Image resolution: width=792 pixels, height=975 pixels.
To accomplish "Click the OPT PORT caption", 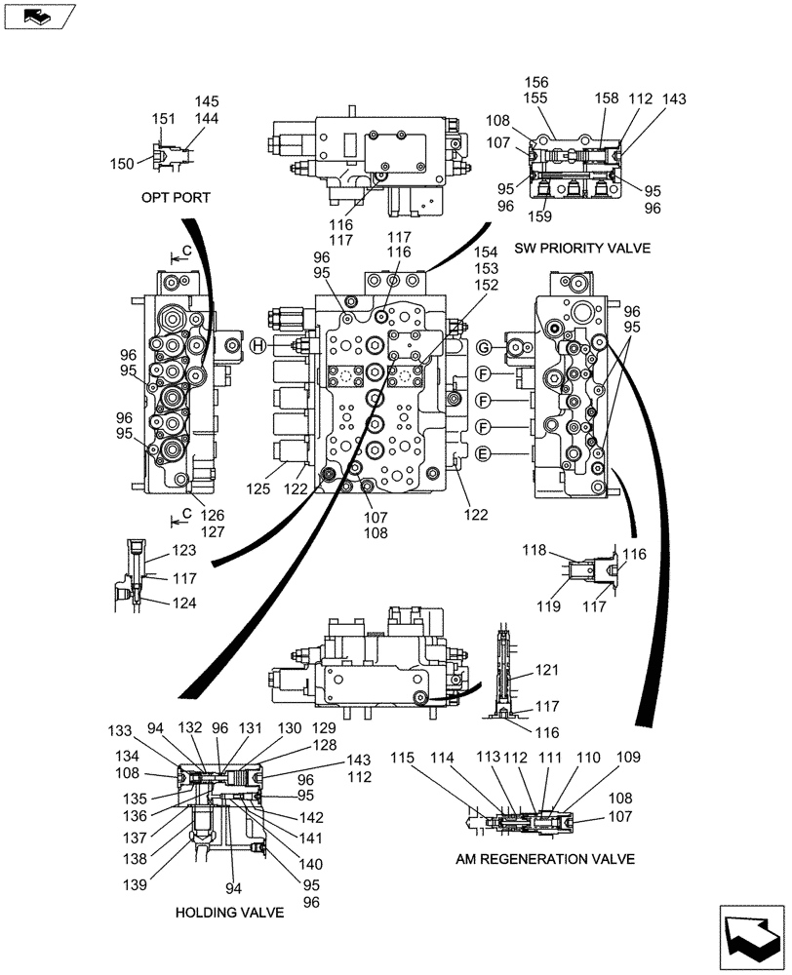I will pos(176,198).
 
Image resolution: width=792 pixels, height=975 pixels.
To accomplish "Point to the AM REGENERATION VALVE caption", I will pos(545,859).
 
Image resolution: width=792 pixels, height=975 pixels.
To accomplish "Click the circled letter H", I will pos(257,345).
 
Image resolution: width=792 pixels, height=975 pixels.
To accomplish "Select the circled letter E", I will pos(482,453).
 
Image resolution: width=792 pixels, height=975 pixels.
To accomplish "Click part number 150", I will pos(122,164).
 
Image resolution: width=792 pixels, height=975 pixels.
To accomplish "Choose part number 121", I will pos(547,670).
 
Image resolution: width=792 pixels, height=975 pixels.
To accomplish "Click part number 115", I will pos(404,757).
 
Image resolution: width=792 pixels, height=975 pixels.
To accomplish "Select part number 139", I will pos(135,885).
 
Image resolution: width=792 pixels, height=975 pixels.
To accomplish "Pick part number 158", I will pos(607,98).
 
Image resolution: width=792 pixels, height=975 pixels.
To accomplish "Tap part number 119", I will pos(548,606).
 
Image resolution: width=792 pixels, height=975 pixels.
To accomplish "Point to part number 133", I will pos(119,730).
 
